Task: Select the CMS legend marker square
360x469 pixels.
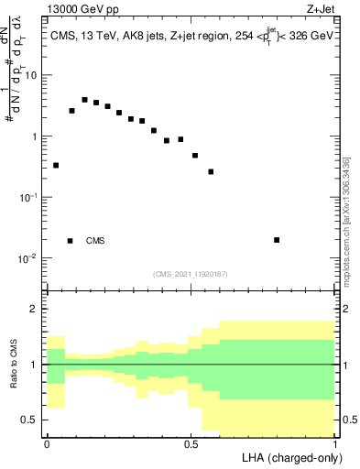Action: [71, 241]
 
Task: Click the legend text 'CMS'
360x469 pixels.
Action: [95, 241]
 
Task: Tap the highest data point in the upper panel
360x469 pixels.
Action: [84, 100]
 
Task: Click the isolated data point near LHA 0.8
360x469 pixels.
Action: [277, 240]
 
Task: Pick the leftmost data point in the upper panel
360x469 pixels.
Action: [56, 166]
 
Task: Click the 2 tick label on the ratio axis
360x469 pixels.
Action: [35, 309]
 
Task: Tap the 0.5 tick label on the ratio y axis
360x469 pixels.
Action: [30, 420]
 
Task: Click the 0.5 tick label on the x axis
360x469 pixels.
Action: [191, 442]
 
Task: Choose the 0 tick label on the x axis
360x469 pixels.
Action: [47, 442]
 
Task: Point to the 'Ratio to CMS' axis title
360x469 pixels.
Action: [14, 365]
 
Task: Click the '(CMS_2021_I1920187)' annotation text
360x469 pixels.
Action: [191, 274]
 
